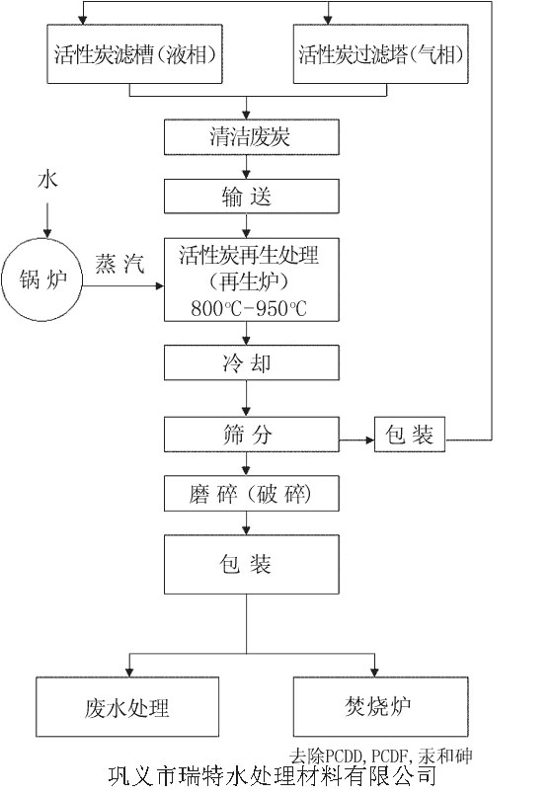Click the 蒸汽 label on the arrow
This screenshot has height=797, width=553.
(119, 265)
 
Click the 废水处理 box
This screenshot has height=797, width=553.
(127, 707)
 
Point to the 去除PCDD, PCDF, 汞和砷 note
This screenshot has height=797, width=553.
(381, 756)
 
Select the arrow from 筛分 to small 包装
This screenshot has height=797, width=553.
(356, 435)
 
